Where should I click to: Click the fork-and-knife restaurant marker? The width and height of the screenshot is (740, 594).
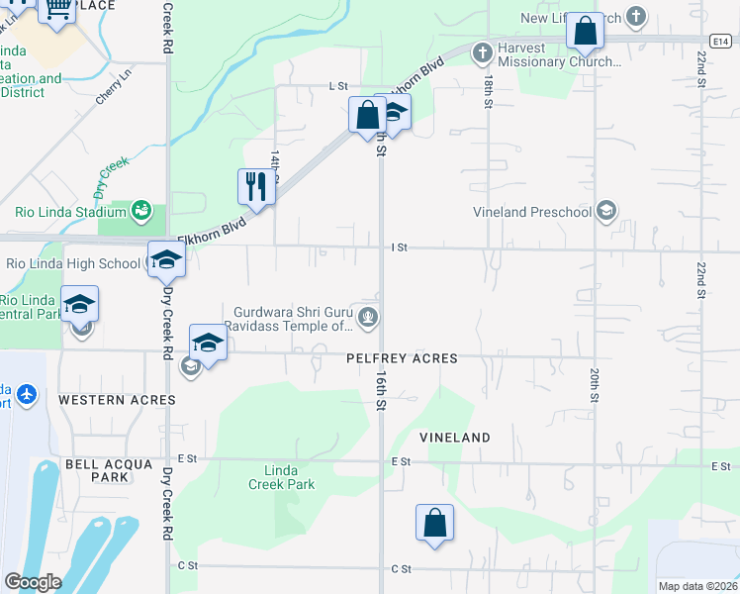tap(255, 185)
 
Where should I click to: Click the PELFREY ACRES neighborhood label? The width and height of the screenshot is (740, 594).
tap(402, 358)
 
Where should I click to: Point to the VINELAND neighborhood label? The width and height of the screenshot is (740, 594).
tap(454, 437)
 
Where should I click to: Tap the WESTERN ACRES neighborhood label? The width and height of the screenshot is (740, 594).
tap(117, 400)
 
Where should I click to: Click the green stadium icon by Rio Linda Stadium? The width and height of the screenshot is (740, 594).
tap(141, 210)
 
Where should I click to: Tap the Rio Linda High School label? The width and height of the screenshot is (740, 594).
tap(73, 263)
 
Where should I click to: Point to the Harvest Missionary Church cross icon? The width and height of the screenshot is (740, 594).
tap(483, 52)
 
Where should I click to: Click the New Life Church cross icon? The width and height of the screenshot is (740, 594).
tap(636, 18)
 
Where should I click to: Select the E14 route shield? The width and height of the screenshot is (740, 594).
tap(720, 41)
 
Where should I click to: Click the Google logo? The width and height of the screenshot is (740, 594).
tap(33, 582)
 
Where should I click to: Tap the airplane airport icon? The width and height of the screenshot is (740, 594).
tap(26, 395)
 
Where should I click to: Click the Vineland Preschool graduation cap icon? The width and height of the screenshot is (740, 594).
tap(605, 211)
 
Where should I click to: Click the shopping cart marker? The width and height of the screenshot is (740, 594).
tap(58, 9)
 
